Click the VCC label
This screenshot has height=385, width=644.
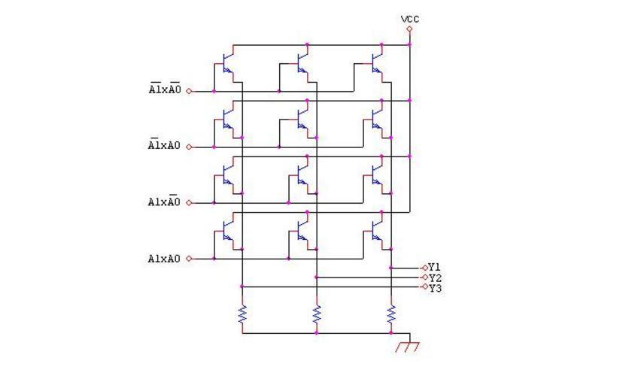click(x=410, y=19)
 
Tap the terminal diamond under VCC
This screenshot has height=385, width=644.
click(x=410, y=29)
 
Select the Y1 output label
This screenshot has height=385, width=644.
click(x=434, y=267)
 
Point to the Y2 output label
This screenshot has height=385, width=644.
click(x=434, y=277)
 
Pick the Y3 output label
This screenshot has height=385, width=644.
click(x=434, y=287)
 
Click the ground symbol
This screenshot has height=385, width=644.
click(x=407, y=346)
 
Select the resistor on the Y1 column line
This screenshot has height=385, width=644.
click(x=391, y=314)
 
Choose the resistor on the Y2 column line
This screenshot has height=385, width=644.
click(x=317, y=314)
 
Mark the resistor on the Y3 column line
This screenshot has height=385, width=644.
click(x=242, y=314)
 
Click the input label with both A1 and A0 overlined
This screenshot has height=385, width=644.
click(x=165, y=90)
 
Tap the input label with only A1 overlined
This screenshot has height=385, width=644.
click(x=165, y=146)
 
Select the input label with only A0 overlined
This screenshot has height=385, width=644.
click(x=165, y=202)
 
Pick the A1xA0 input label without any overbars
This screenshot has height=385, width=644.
click(x=165, y=259)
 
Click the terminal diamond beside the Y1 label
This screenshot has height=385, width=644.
click(x=424, y=268)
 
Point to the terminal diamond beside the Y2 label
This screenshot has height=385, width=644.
click(x=424, y=277)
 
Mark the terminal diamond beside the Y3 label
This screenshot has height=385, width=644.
click(x=424, y=286)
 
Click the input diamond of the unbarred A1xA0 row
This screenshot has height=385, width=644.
click(x=189, y=259)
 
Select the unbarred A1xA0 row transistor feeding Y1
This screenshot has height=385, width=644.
click(x=378, y=232)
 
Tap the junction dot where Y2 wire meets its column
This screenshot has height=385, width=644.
click(x=317, y=277)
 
